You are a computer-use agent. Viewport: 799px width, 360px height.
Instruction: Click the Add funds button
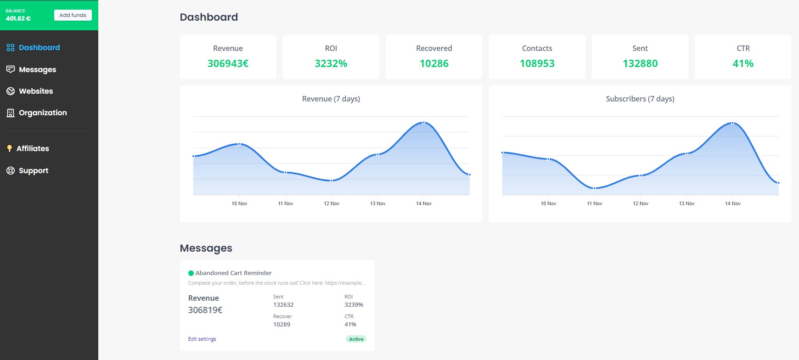click(x=73, y=15)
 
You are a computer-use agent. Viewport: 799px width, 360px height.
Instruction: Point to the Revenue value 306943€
click(x=228, y=63)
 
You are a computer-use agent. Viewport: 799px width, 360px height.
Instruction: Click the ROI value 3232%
click(x=331, y=63)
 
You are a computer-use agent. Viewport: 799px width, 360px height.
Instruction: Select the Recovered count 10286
click(x=434, y=63)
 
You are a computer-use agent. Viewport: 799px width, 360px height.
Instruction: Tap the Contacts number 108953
click(x=537, y=63)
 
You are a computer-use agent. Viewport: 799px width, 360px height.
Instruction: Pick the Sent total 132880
click(x=640, y=63)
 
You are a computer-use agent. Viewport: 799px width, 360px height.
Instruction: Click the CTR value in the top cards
click(x=743, y=63)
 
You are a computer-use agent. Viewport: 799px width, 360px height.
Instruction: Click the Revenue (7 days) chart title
click(x=331, y=99)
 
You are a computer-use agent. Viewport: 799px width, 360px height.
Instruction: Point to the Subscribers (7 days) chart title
click(x=640, y=99)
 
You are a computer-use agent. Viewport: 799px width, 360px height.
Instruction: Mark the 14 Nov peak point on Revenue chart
click(x=423, y=123)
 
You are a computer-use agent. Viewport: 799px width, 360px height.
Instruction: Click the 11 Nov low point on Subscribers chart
click(x=594, y=188)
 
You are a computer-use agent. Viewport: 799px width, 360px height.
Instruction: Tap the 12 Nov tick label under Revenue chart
click(x=332, y=203)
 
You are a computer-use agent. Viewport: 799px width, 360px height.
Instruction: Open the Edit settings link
click(x=202, y=339)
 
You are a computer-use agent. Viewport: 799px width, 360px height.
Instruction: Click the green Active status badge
click(x=356, y=339)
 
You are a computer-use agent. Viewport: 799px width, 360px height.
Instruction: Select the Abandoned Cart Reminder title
click(x=234, y=273)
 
